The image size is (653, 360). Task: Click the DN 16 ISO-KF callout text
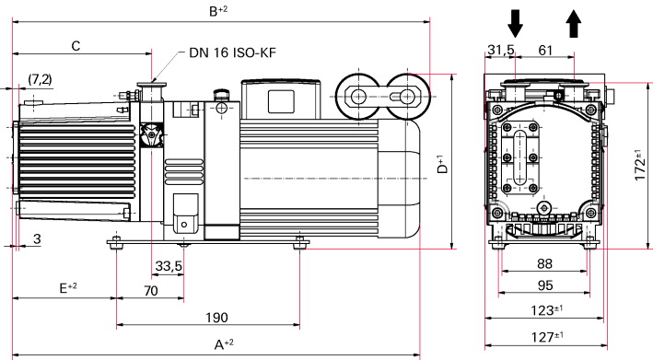(x=232, y=52)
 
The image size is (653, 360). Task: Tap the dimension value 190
(x=216, y=318)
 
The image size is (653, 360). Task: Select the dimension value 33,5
(x=169, y=266)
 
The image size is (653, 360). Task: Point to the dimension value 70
(x=151, y=291)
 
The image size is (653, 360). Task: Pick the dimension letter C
(x=76, y=46)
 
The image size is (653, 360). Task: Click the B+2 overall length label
(x=217, y=10)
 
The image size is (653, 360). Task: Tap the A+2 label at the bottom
(x=224, y=344)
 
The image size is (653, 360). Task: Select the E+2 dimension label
(x=68, y=287)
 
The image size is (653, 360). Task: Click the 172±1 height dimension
(x=640, y=165)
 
